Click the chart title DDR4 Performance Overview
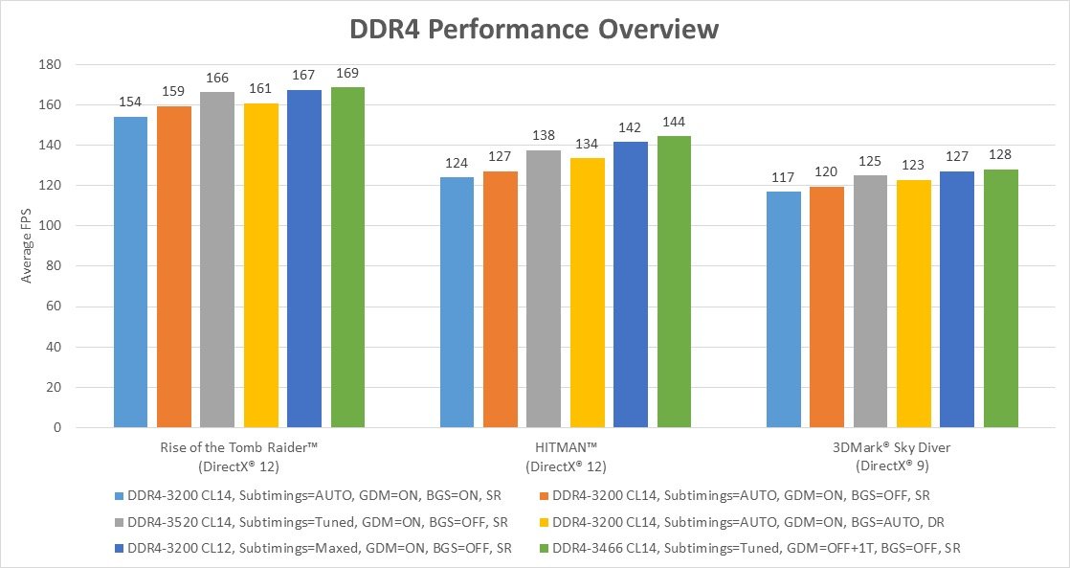(x=534, y=29)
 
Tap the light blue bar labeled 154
(x=130, y=272)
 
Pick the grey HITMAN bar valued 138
(x=544, y=288)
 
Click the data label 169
(x=347, y=73)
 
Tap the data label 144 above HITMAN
(x=674, y=123)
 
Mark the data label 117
(x=783, y=177)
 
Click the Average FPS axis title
(x=28, y=246)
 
